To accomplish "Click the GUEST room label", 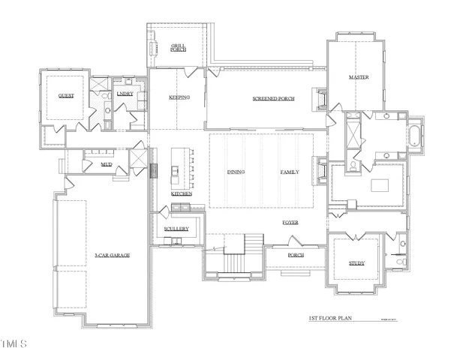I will (65, 97).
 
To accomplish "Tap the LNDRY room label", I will (125, 94).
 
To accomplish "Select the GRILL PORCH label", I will (178, 47).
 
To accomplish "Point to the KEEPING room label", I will (179, 97).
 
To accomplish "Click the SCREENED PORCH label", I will (273, 99).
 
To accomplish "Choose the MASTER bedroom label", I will (359, 78).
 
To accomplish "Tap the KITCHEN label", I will (181, 193).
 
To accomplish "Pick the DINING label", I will (236, 172).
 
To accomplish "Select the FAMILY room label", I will (290, 172).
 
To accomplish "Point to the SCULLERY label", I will (176, 228).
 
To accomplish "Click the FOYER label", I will (290, 223).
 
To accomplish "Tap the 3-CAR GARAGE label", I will (113, 256).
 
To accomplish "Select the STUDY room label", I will (356, 263).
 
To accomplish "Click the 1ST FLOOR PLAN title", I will (330, 318).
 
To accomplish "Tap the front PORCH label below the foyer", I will (295, 255).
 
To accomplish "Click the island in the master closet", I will (378, 185).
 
